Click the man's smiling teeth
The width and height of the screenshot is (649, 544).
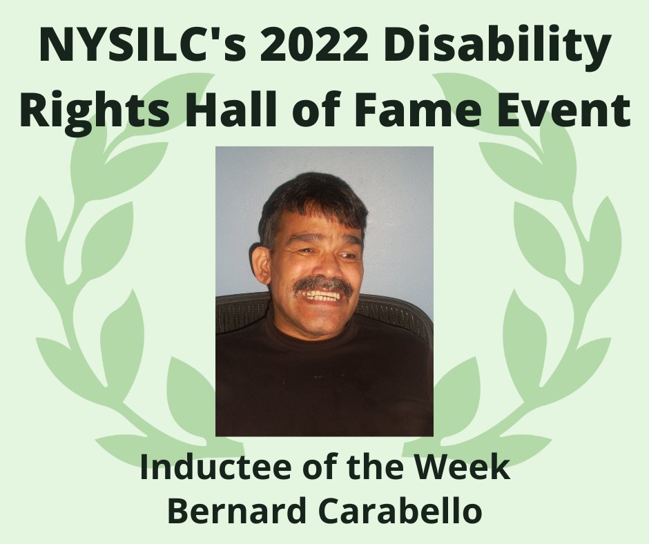coord(324,295)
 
